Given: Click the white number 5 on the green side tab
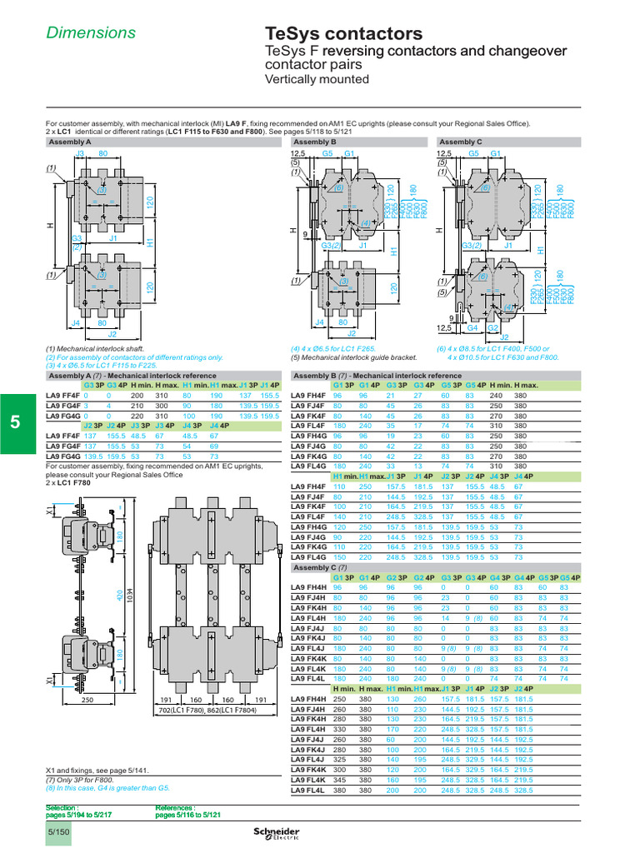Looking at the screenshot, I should tap(16, 422).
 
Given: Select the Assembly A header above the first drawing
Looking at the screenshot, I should tap(71, 142).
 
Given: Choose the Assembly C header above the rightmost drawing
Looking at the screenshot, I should tap(461, 142).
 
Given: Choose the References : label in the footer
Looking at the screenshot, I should tap(177, 808).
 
